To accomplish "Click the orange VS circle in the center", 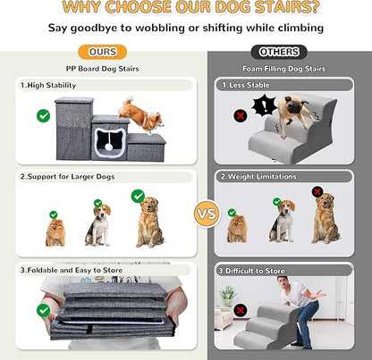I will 206,214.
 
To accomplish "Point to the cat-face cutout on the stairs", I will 110,141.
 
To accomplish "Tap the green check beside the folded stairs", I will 42,310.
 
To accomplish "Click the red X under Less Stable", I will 240,116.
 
